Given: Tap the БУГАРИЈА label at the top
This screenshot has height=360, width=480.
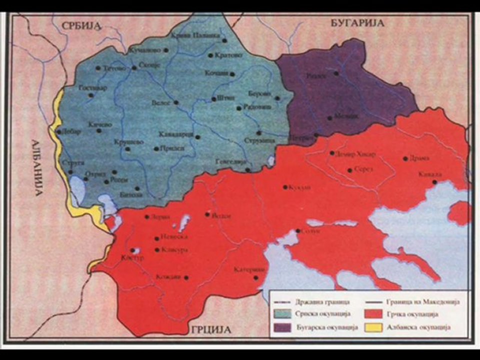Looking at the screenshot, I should click(x=357, y=23).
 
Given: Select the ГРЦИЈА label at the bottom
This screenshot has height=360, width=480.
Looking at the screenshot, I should click(x=210, y=330).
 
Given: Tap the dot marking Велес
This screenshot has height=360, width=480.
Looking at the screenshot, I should click(x=176, y=102).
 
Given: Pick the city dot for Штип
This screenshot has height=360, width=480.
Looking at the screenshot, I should click(x=214, y=98).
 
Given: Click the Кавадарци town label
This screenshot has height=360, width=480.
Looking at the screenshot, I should click(x=175, y=134).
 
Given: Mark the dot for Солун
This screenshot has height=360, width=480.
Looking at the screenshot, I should click(x=298, y=231).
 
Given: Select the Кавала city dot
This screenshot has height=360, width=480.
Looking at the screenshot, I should click(x=435, y=182).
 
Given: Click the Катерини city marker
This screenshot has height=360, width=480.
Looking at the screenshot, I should click(x=256, y=277).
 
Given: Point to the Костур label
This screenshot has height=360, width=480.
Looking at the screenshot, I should click(x=132, y=258).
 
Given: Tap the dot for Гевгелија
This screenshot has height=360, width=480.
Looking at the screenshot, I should click(x=248, y=170).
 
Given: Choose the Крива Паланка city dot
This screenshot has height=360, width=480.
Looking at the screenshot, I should click(x=224, y=41).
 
